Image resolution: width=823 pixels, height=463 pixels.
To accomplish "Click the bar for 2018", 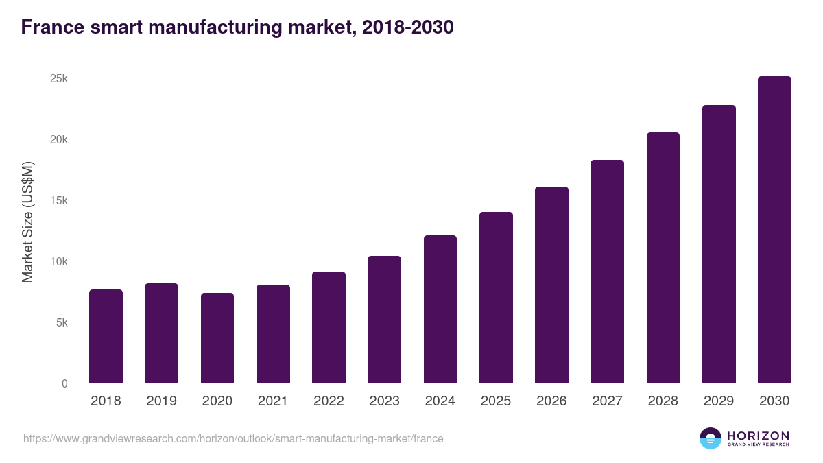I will pos(106,336).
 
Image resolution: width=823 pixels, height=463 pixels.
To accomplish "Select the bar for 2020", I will pos(217,338).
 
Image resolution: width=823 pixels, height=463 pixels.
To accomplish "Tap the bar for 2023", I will pos(384,320).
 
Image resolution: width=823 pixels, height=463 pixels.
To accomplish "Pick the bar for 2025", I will pos(496,298).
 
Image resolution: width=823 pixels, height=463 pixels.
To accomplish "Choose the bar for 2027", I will pos(607,272).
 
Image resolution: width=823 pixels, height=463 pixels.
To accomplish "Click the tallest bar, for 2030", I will pos(774,230).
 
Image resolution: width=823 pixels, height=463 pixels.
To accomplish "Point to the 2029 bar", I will pos(719,244).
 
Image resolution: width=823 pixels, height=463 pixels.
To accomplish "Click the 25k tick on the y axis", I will pos(59,78).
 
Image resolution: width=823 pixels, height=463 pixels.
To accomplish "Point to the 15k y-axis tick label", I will pos(59,200).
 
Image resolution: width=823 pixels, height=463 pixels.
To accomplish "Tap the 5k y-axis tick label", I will pos(62,322).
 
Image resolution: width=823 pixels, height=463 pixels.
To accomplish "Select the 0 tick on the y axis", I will pos(64,383).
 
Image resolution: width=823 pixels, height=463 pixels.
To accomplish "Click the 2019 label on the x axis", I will pos(161,401).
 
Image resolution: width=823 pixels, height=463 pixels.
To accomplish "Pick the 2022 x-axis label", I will pos(329,401).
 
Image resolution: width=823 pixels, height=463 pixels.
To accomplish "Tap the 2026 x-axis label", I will pos(551,401).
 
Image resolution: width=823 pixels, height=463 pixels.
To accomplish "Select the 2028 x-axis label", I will pos(663,401).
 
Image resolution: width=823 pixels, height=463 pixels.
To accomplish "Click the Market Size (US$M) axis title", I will pos(27,222).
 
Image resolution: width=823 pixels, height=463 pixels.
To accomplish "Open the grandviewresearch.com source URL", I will pos(233,438).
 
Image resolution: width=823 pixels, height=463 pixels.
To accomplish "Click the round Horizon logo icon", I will pos(711,438).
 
